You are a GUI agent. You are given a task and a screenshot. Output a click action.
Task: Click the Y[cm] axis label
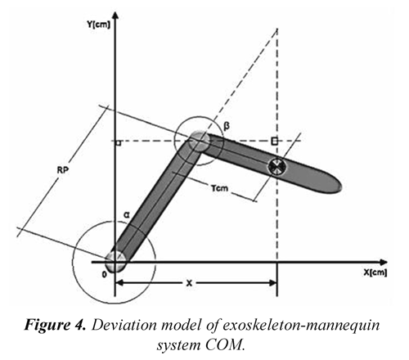pyautogui.click(x=99, y=25)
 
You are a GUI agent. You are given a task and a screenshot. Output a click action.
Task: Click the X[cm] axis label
pyautogui.click(x=375, y=272)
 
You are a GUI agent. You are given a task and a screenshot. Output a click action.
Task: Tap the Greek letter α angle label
pyautogui.click(x=127, y=215)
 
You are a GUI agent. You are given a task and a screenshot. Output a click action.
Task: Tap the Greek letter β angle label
pyautogui.click(x=227, y=126)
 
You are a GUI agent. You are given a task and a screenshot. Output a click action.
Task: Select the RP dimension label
pyautogui.click(x=63, y=170)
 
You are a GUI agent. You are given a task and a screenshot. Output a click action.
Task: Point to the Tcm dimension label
pyautogui.click(x=219, y=188)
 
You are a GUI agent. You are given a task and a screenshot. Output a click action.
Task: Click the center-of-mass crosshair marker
pyautogui.click(x=277, y=167)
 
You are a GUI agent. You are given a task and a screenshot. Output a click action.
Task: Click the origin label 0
pyautogui.click(x=104, y=275)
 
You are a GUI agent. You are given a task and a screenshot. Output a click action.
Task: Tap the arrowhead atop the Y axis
pyautogui.click(x=115, y=15)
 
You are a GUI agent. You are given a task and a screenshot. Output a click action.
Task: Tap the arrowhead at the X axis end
pyautogui.click(x=383, y=262)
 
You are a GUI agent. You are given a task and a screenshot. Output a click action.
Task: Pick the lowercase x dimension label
pyautogui.click(x=189, y=283)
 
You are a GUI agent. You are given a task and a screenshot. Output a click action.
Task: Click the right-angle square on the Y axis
pyautogui.click(x=119, y=143)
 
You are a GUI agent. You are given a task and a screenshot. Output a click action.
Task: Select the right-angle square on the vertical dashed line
pyautogui.click(x=275, y=141)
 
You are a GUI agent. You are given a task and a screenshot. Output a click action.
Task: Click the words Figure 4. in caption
pyautogui.click(x=55, y=325)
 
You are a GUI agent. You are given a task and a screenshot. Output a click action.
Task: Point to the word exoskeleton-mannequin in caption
pyautogui.click(x=301, y=326)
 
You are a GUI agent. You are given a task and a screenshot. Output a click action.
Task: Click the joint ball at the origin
pyautogui.click(x=115, y=261)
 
